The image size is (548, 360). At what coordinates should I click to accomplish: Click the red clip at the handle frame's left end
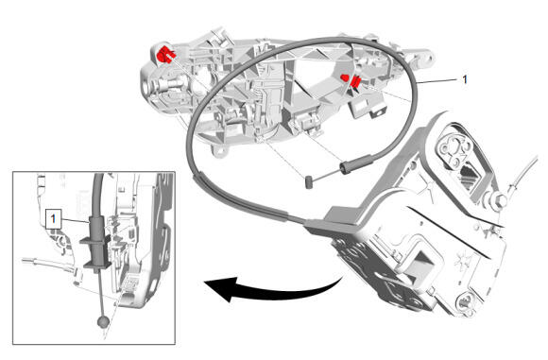[x=165, y=55]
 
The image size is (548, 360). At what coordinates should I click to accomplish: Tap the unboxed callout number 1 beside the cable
[x=465, y=79]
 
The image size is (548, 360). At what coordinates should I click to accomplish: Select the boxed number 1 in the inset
[x=53, y=219]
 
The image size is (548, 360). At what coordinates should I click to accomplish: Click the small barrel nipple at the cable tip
[x=308, y=182]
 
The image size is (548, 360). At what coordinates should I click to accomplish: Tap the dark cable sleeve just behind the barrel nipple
[x=356, y=163]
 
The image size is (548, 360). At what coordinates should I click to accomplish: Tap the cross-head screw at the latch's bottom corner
[x=466, y=301]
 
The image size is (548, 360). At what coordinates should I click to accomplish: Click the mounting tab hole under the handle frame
[x=220, y=150]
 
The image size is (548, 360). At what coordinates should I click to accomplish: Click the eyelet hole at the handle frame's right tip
[x=427, y=59]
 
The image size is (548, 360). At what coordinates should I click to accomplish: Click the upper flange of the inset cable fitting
[x=95, y=240]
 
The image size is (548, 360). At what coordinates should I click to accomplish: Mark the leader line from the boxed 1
[x=75, y=220]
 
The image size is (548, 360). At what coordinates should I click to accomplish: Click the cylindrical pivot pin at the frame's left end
[x=172, y=84]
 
